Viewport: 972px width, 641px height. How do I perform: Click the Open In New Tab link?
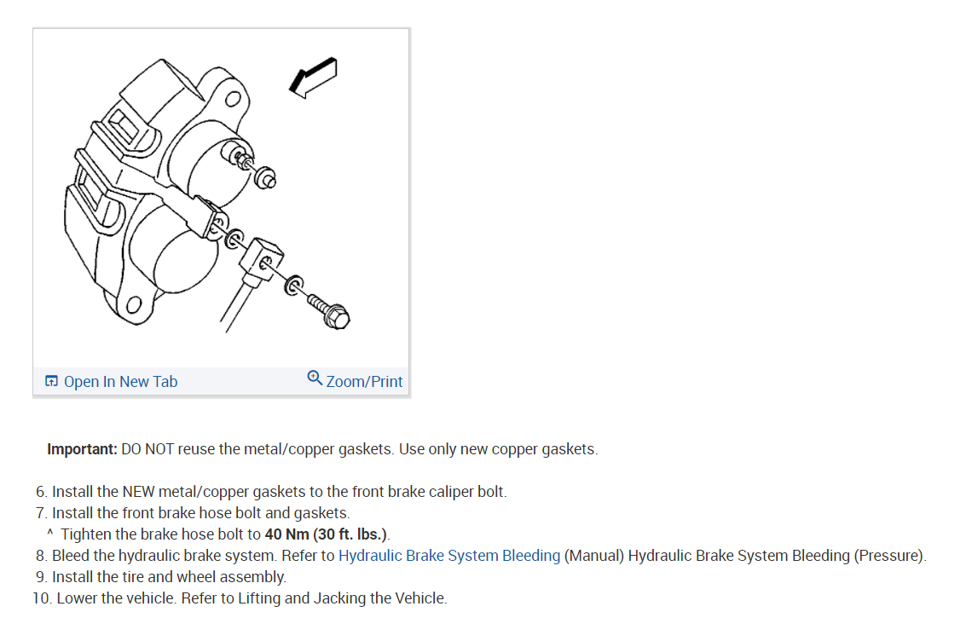[120, 382]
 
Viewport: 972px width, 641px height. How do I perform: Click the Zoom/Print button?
[364, 381]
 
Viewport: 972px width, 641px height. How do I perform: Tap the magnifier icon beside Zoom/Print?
[315, 378]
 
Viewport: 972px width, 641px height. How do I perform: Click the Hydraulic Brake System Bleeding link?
[449, 556]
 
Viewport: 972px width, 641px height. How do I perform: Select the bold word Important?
[82, 449]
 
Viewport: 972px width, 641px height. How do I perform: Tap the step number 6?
[40, 492]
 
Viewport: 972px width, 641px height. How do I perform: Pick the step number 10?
[42, 598]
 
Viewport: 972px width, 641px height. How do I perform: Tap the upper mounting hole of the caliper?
[230, 99]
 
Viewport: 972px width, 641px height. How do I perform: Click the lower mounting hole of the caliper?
[132, 306]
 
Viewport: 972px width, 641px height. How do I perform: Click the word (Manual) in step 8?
[594, 556]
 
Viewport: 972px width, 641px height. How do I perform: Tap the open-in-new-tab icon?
[52, 381]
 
